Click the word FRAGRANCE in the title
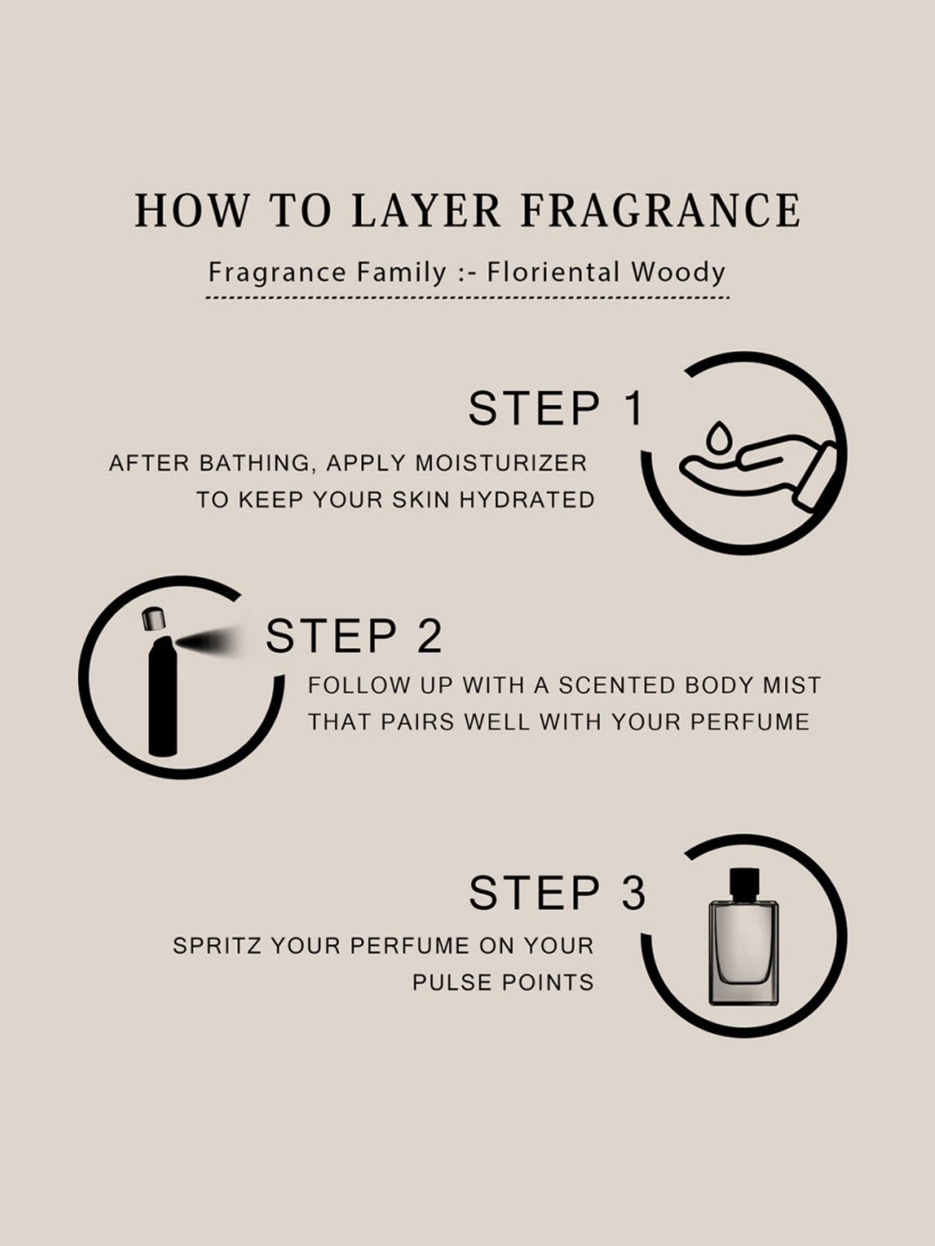coord(660,210)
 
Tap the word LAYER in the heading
coord(426,210)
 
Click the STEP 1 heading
coord(555,408)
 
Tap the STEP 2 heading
coord(354,635)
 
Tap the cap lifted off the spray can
coord(152,618)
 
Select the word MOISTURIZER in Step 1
coord(501,464)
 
